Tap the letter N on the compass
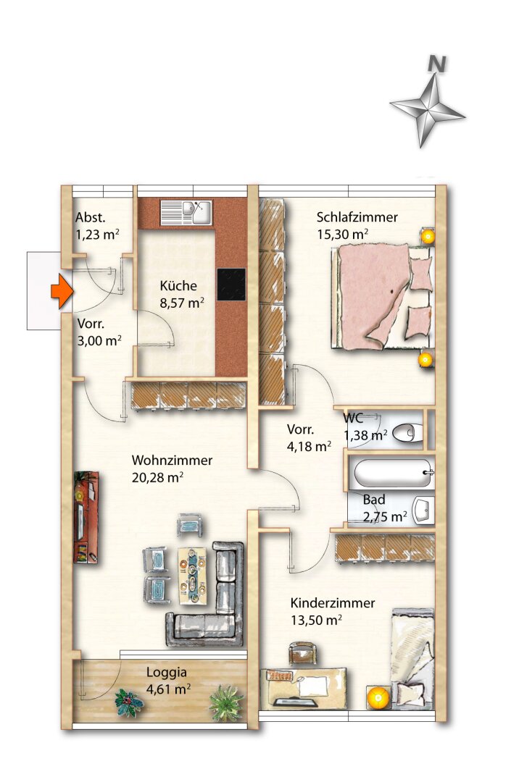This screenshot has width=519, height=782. (436, 64)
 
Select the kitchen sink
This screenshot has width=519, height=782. (186, 212)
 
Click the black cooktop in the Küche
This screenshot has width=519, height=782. (231, 285)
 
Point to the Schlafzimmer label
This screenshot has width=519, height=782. (357, 217)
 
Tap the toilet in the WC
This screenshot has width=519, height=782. (408, 433)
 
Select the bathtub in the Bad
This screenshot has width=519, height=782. (391, 474)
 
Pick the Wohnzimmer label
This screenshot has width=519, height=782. (171, 461)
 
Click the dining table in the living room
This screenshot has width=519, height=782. (193, 575)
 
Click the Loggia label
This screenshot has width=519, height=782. (162, 672)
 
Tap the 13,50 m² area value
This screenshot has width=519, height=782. (316, 620)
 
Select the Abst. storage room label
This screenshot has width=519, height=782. (91, 217)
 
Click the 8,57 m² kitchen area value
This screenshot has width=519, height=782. (181, 303)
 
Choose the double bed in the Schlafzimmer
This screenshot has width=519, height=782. (381, 297)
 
